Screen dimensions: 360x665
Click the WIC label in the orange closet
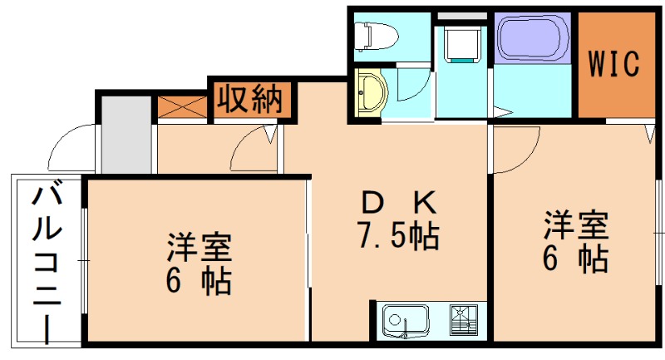coord(615,63)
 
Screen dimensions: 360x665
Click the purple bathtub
coord(533,38)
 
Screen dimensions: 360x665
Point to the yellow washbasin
coord(370,92)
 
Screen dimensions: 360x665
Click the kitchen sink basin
coord(404,320)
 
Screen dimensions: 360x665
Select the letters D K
coord(398,203)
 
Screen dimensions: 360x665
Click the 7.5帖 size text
coord(398,237)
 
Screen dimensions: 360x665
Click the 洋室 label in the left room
coord(199,248)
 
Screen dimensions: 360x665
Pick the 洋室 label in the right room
coord(576,224)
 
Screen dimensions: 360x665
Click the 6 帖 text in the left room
coord(199,283)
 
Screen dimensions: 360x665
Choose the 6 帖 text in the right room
coord(576,259)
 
